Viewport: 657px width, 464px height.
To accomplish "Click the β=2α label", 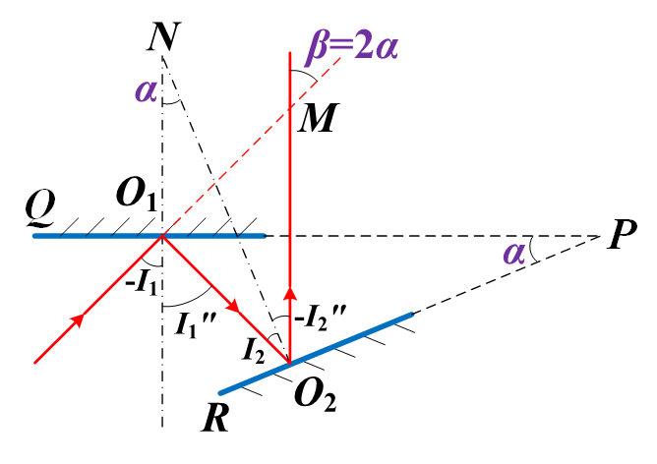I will pos(352,45).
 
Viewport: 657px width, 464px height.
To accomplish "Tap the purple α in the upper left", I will pos(147,90).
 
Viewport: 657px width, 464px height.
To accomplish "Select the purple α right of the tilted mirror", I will pos(514,253).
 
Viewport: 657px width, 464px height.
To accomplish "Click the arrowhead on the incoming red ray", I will pos(78,320).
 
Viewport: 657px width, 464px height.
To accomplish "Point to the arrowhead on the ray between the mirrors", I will pos(233,307).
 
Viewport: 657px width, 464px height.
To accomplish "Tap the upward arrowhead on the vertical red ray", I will pos(290,293).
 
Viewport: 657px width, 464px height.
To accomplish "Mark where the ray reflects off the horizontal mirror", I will pos(162,236).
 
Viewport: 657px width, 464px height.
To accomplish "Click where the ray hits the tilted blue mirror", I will pos(290,364).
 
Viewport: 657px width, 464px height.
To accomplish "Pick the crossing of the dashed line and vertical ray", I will pos(290,108).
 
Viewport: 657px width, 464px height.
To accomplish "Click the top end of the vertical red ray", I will pos(290,52).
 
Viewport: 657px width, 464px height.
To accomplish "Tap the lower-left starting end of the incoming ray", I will pos(35,363).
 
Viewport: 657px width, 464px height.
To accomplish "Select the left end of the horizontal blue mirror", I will pos(33,236).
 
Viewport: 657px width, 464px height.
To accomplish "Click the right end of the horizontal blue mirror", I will pos(266,236).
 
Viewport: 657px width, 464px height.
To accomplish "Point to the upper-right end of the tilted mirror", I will pos(412,315).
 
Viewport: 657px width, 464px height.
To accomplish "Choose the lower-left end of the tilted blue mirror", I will pos(219,393).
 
